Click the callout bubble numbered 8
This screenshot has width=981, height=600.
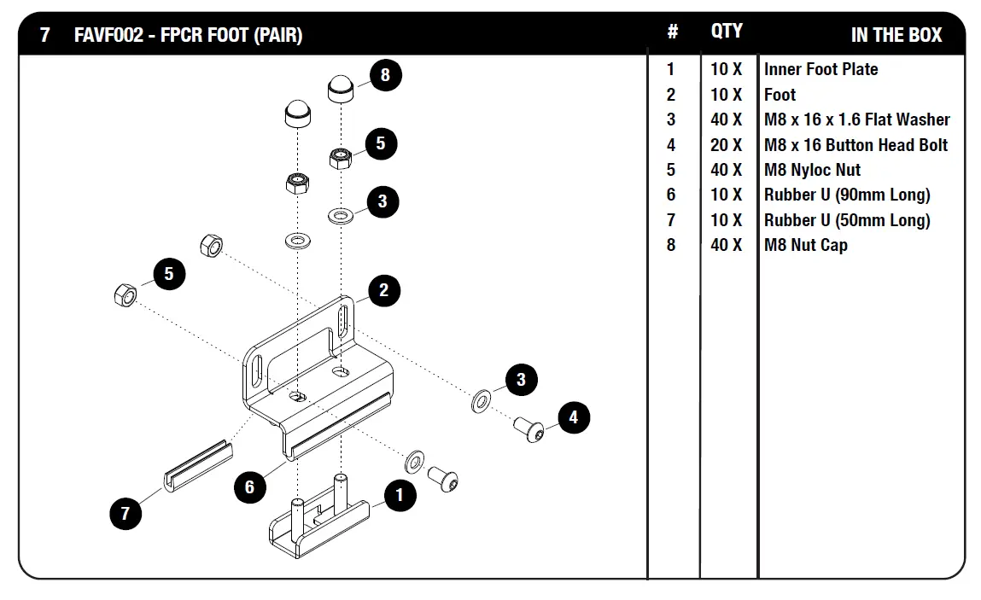pyautogui.click(x=385, y=75)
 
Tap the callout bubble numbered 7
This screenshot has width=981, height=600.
pyautogui.click(x=126, y=513)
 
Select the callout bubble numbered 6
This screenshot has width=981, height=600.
pyautogui.click(x=249, y=486)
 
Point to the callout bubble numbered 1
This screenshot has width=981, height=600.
pyautogui.click(x=400, y=495)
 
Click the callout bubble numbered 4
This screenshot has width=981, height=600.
pyautogui.click(x=573, y=417)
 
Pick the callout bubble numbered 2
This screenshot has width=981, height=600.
pyautogui.click(x=383, y=290)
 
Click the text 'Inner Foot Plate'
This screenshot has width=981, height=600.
pyautogui.click(x=820, y=69)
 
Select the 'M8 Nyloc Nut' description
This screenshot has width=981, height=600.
pyautogui.click(x=812, y=170)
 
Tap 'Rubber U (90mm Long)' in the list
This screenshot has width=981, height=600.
pyautogui.click(x=847, y=195)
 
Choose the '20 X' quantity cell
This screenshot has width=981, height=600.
pyautogui.click(x=727, y=145)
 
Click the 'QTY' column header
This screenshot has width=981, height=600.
pyautogui.click(x=727, y=31)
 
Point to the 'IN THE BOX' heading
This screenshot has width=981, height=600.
pyautogui.click(x=896, y=35)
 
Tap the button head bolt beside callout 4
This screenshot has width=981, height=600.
pyautogui.click(x=528, y=429)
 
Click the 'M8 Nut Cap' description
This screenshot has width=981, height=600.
pyautogui.click(x=805, y=245)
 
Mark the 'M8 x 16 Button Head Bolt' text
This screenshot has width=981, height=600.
pyautogui.click(x=855, y=145)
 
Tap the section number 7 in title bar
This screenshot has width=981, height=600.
pyautogui.click(x=45, y=36)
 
